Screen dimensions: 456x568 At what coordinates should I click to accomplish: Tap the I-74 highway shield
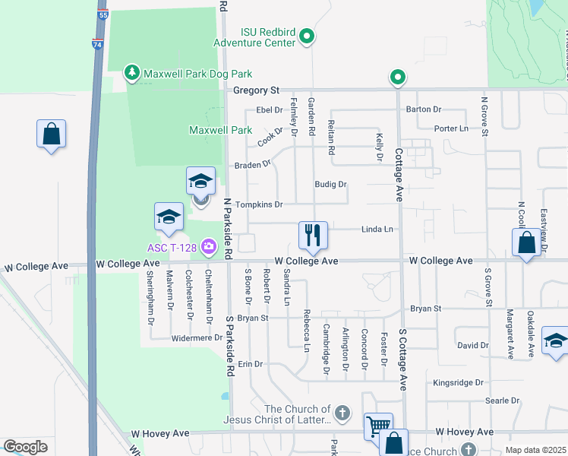click(x=96, y=44)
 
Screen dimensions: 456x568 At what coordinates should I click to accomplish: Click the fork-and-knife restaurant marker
click(x=313, y=235)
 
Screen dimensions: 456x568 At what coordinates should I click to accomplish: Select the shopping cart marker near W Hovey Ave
click(x=377, y=426)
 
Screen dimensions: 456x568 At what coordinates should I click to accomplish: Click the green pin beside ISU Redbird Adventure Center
click(x=307, y=36)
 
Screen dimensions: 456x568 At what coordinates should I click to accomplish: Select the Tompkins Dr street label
click(x=259, y=204)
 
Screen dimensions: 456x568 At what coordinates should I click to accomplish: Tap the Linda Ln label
click(x=377, y=229)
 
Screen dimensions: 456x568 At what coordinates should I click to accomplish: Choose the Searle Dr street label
click(x=502, y=401)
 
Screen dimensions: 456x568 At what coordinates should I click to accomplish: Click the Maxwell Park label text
click(x=220, y=131)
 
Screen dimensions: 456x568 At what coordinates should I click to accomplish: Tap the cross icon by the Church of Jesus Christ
click(x=342, y=414)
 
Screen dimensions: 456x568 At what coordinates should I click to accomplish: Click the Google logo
click(x=25, y=447)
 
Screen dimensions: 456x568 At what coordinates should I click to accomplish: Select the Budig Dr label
click(x=330, y=185)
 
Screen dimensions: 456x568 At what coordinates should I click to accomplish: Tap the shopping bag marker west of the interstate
click(x=51, y=135)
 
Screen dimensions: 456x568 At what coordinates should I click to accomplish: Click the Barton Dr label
click(x=424, y=109)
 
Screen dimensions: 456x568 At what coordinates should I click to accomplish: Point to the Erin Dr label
click(x=250, y=364)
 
